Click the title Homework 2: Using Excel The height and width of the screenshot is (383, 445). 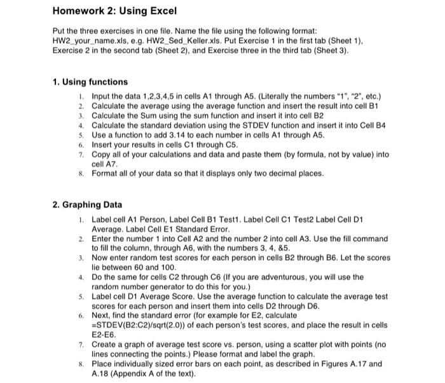pyautogui.click(x=114, y=11)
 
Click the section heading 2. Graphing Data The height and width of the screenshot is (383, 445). pyautogui.click(x=87, y=204)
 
